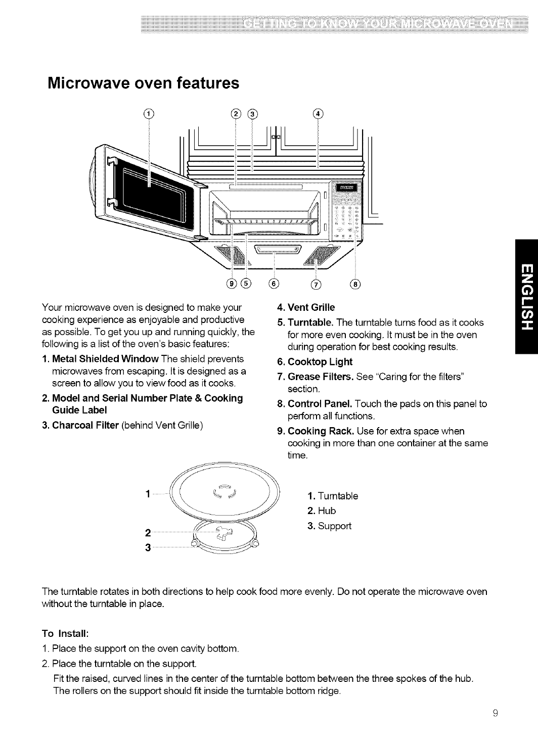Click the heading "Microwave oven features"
pos(143,83)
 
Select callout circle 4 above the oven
pos(318,113)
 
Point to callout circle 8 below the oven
pos(356,284)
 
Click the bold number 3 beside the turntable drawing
pos(147,549)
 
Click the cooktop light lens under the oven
pos(278,250)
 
